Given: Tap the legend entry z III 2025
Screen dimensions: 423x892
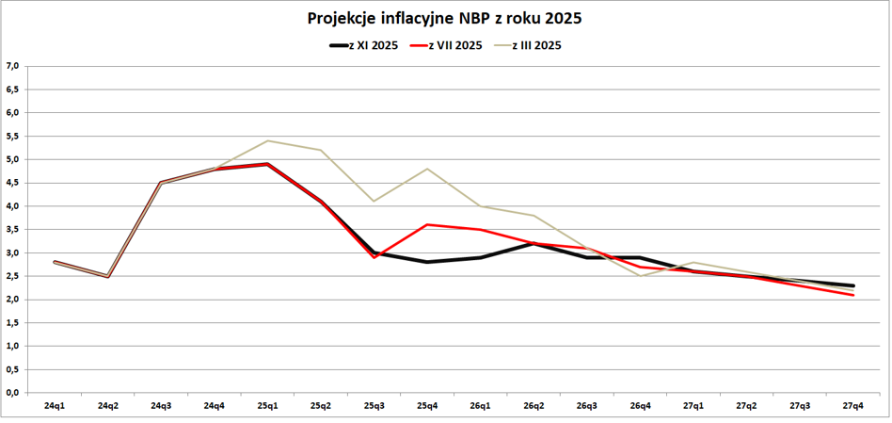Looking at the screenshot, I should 536,45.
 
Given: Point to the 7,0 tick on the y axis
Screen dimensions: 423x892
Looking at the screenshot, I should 12,66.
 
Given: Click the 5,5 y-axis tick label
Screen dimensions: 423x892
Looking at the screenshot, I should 12,136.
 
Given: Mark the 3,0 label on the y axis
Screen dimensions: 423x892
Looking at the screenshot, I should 12,252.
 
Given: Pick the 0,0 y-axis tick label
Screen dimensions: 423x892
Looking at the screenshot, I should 12,393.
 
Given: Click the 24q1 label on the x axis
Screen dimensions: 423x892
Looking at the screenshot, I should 55,406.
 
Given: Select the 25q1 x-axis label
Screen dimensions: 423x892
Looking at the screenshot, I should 268,406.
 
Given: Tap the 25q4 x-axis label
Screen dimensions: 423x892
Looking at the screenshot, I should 428,406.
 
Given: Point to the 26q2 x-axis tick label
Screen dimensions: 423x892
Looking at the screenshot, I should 534,406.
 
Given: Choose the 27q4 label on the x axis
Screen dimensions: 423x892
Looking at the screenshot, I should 854,406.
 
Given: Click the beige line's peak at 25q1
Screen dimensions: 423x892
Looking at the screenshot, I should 268,140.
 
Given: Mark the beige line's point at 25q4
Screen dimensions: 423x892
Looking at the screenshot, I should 428,169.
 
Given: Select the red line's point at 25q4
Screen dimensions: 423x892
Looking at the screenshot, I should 428,224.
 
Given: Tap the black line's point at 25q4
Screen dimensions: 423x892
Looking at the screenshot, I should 428,262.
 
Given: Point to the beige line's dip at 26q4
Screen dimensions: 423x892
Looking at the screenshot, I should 641,276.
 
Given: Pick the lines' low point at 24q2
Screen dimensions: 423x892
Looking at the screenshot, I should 108,277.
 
